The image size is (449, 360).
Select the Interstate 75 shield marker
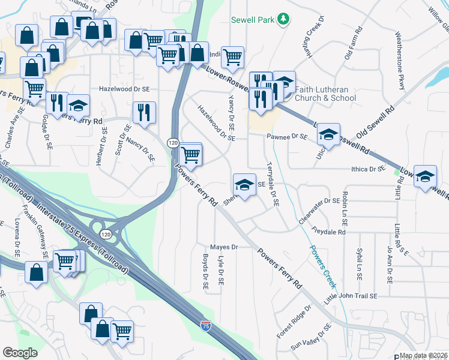coord(205,326)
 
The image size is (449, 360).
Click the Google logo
coord(20,353)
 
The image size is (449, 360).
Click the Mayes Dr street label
coord(224,247)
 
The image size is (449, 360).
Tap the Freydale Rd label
coord(329,232)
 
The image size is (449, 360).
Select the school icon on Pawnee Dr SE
coord(328,134)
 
